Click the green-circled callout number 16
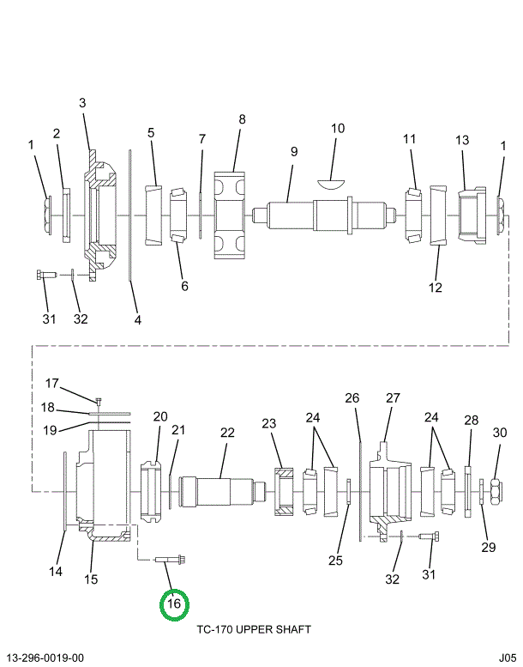coord(174,603)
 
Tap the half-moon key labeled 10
coord(330,182)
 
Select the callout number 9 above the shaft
coord(293,151)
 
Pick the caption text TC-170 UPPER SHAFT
coord(254,629)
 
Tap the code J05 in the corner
coord(508,658)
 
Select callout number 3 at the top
coord(82,103)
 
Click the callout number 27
coord(393,397)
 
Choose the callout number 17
coord(51,383)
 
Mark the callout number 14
coord(55,571)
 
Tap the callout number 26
coord(352,397)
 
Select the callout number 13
coord(462,140)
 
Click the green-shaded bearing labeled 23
coord(284,492)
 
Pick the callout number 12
coord(436,287)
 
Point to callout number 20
coord(160,416)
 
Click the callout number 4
coord(137,319)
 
